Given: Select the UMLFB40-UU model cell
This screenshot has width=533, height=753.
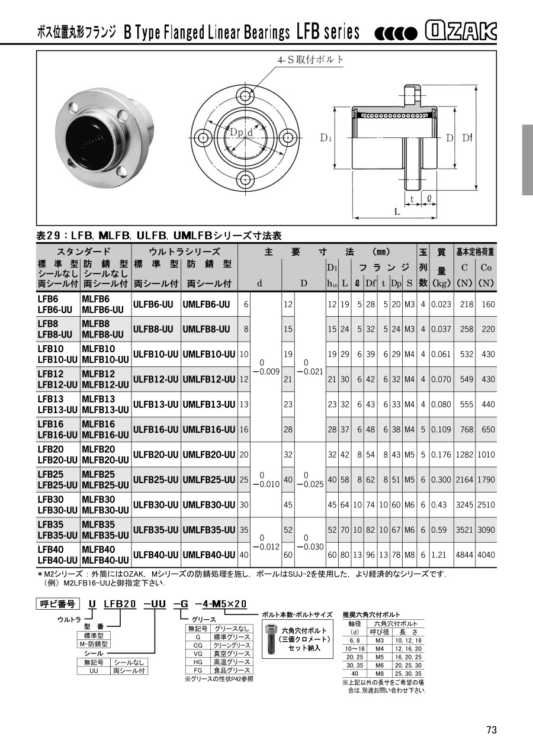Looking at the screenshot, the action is [209, 555].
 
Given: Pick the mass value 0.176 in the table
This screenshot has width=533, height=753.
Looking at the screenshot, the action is [441, 455].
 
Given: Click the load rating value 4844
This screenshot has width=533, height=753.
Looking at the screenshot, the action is [464, 555].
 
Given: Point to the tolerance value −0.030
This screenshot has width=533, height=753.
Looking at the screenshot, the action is [310, 547].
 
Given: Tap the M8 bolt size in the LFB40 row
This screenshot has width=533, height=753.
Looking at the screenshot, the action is [409, 555].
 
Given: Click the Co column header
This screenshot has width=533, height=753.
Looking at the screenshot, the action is [486, 268].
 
